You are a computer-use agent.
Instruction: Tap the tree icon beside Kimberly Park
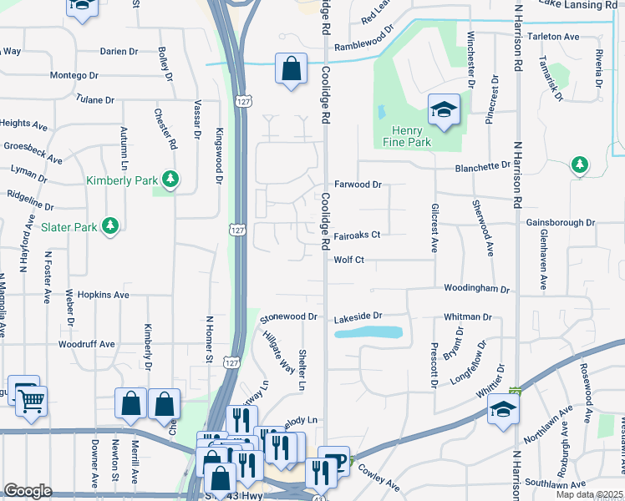click(x=170, y=179)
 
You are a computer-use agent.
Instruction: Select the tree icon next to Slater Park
click(x=109, y=225)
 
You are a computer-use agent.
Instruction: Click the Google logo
click(x=28, y=491)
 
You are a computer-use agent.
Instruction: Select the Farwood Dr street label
click(x=358, y=184)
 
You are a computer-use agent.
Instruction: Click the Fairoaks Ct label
click(x=357, y=235)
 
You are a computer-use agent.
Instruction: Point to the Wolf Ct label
click(x=349, y=261)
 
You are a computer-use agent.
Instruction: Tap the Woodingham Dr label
click(x=476, y=289)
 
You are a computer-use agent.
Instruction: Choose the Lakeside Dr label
click(x=358, y=316)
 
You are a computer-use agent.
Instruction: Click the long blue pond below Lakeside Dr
click(x=368, y=332)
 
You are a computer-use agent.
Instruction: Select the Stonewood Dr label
click(x=289, y=317)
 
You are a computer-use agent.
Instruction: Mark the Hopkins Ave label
click(x=103, y=295)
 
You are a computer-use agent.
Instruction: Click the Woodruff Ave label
click(x=87, y=344)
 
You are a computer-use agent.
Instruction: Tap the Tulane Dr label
click(x=94, y=99)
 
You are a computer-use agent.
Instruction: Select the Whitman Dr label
click(x=468, y=317)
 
